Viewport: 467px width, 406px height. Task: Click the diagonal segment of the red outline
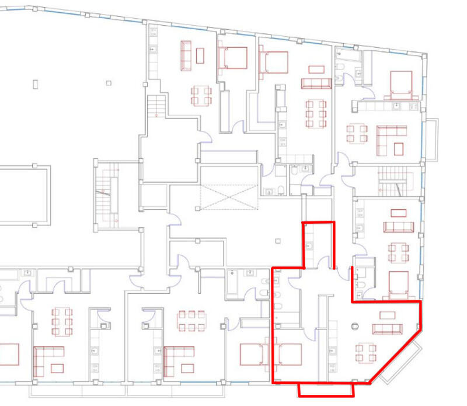click(394, 357)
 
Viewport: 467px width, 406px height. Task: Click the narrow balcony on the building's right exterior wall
click(432, 140)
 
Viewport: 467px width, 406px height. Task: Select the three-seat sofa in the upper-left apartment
click(187, 55)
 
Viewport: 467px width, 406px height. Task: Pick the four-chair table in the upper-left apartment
click(201, 95)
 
